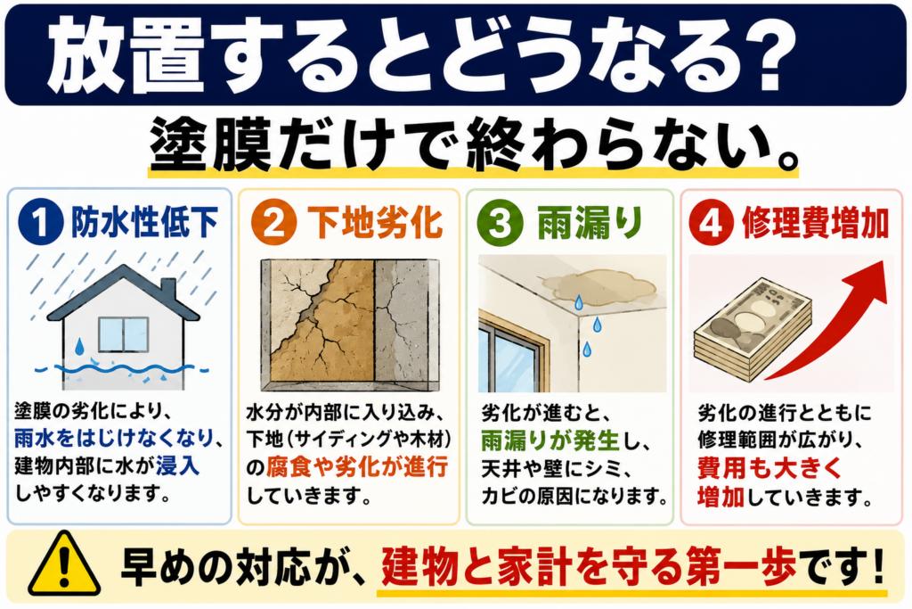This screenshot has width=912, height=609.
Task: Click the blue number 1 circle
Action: (40, 222)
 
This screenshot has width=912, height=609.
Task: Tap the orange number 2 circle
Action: (273, 222)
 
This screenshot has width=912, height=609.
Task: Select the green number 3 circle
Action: (500, 222)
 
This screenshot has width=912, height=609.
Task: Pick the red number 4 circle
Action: (711, 222)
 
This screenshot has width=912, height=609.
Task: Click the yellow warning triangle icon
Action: (64, 564)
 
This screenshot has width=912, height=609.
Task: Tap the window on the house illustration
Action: (123, 334)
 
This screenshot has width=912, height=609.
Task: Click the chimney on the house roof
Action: (168, 290)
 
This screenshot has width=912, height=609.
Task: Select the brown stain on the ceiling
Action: (599, 286)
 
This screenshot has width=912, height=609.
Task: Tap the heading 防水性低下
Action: (144, 222)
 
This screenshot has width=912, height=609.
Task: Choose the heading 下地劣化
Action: (375, 222)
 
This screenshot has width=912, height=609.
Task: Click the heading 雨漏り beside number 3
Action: (589, 222)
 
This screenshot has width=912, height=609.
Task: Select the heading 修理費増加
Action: (816, 222)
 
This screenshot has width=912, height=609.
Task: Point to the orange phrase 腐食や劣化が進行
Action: (357, 467)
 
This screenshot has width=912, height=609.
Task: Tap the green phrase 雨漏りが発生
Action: (550, 440)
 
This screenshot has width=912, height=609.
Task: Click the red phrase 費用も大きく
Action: (769, 468)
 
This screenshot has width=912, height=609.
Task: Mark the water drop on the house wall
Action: (79, 348)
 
